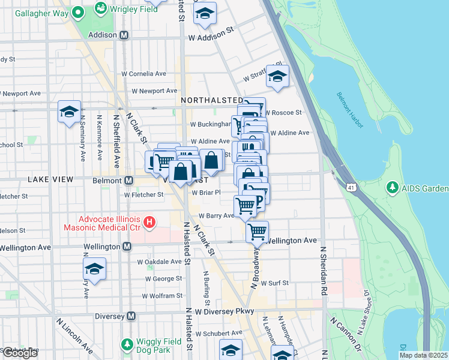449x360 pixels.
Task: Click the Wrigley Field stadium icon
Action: click(x=100, y=9)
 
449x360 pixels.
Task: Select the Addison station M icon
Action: click(x=124, y=35)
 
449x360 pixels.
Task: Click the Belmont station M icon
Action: click(x=128, y=180)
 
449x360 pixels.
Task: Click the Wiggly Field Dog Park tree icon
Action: click(x=127, y=344)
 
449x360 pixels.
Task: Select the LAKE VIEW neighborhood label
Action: click(x=50, y=179)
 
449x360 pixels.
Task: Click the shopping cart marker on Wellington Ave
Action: click(x=257, y=230)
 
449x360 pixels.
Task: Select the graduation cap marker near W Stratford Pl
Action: click(x=277, y=76)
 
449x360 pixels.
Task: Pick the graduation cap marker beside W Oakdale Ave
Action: click(x=94, y=268)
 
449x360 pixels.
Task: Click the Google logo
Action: click(x=20, y=353)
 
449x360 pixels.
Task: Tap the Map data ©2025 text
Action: click(x=423, y=355)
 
